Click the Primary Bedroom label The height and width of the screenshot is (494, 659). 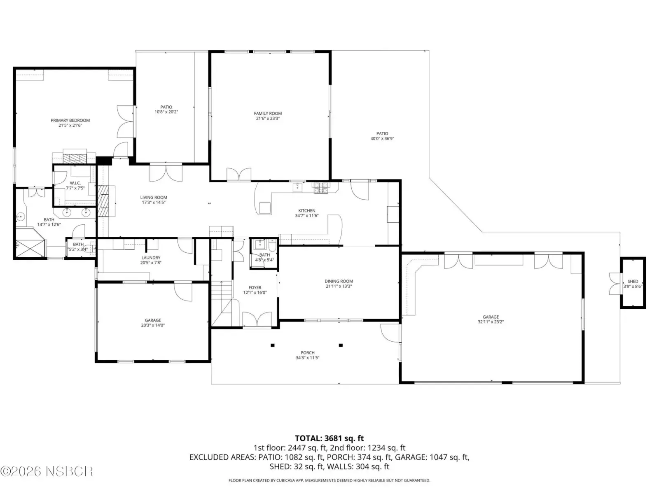tap(70, 120)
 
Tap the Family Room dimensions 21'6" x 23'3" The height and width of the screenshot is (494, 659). tap(268, 119)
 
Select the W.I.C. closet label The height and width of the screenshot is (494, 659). tap(75, 183)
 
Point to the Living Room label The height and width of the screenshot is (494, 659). tap(153, 197)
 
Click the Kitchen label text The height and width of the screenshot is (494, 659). tap(307, 210)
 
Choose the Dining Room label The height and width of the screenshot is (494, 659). tap(339, 281)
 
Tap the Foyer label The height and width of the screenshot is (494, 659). tap(255, 287)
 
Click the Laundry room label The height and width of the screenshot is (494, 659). tap(151, 258)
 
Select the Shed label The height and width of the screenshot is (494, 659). tap(633, 281)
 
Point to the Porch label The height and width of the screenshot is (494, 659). tap(307, 353)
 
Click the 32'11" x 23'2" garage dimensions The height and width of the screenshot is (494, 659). tap(491, 322)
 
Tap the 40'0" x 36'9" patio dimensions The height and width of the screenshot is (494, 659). tap(382, 139)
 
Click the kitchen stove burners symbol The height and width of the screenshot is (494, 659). tap(321, 188)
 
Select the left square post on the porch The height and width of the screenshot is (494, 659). tap(272, 345)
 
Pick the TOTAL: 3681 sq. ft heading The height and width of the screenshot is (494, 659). tap(329, 438)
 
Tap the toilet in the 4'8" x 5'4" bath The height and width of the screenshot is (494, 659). tap(272, 246)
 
